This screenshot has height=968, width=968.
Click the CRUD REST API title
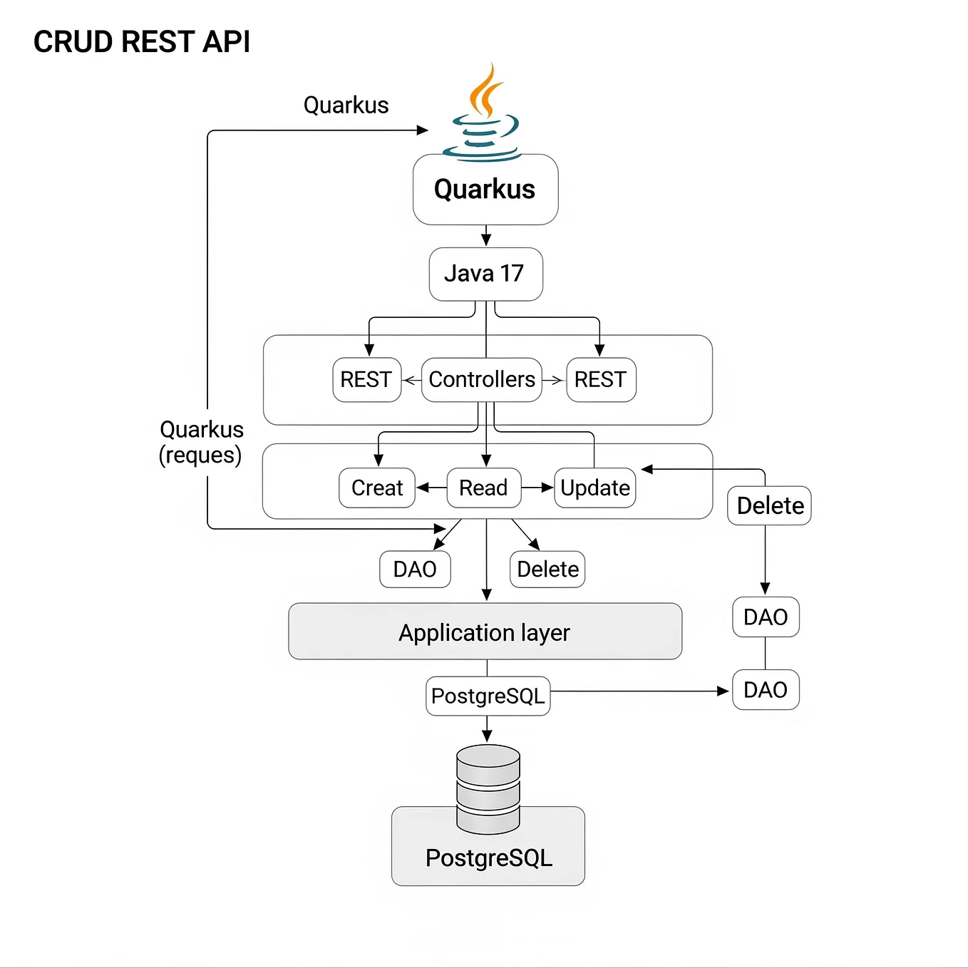142,42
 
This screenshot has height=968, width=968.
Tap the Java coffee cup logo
483,114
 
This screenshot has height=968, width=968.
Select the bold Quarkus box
485,190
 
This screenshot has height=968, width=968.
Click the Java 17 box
485,274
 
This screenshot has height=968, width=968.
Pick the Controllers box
482,380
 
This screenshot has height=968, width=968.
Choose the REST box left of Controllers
366,380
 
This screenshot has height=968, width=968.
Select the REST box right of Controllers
601,380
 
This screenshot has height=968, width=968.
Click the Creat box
377,488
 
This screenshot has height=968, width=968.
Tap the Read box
484,488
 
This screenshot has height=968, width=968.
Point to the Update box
595,488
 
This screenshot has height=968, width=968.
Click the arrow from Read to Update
537,488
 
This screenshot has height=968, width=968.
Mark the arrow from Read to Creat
431,488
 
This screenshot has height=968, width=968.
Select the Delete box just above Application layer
547,570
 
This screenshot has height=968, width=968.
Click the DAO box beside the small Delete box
415,570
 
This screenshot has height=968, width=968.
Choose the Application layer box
485,632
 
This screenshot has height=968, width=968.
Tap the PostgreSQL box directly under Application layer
488,696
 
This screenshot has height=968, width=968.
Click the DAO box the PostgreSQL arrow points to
766,690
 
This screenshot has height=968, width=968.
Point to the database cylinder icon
488,788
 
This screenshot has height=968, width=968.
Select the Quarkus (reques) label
201,442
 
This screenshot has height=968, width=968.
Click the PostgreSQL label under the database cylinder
489,858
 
